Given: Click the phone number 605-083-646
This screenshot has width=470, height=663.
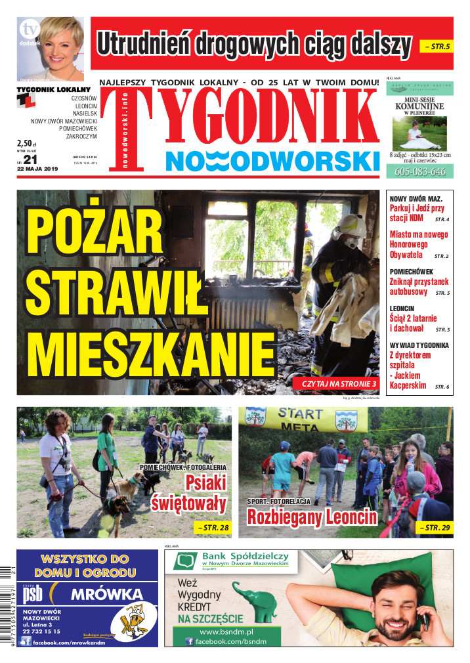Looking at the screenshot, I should point(420,172).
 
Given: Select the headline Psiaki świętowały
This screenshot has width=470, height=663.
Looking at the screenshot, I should point(190,494).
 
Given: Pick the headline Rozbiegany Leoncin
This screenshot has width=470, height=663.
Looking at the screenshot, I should point(312,517).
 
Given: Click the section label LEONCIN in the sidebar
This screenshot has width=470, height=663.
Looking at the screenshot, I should point(402,308).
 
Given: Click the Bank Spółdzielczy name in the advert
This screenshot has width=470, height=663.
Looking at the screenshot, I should point(247,557).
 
